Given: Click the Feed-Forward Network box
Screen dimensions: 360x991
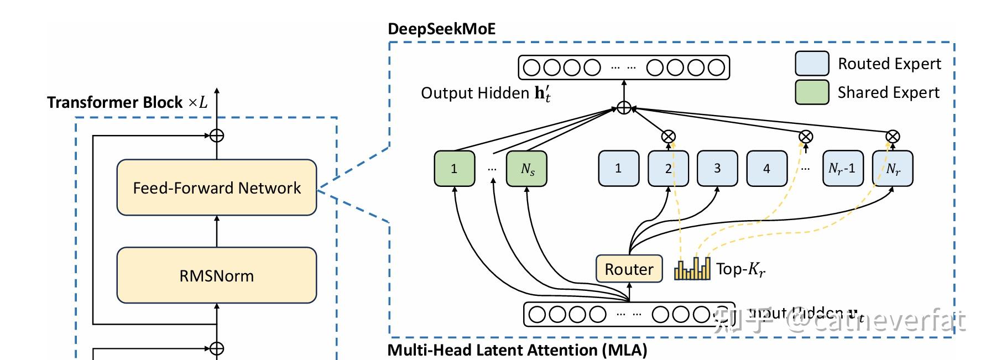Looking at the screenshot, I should click(x=217, y=187).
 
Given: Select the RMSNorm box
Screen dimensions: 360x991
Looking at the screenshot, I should click(x=217, y=275).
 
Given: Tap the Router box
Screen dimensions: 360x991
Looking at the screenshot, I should click(x=629, y=269).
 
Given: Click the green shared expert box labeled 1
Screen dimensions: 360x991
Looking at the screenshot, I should click(x=454, y=169).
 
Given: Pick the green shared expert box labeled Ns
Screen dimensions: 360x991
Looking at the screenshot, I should click(x=527, y=169).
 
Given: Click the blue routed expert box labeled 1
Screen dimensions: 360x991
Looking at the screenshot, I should click(x=618, y=169).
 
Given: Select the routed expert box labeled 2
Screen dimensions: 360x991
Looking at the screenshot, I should click(x=668, y=169).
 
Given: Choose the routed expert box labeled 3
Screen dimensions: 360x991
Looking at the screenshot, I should click(x=717, y=169).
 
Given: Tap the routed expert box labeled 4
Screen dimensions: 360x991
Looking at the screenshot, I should click(x=766, y=169).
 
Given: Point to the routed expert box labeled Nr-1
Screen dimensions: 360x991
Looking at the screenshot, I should click(x=842, y=169).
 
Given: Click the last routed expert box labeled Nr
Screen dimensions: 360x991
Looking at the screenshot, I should click(x=893, y=169).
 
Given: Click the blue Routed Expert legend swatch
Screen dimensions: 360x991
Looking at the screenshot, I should click(x=812, y=64).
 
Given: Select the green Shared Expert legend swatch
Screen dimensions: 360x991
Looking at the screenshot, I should click(x=812, y=92).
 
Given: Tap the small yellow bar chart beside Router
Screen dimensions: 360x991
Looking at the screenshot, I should click(x=692, y=269).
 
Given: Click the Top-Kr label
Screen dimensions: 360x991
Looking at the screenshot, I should click(x=740, y=269).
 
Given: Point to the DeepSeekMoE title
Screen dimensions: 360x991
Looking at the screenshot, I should click(x=441, y=29).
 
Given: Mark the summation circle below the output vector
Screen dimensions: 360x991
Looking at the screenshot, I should click(x=624, y=107).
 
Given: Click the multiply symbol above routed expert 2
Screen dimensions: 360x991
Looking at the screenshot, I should click(x=669, y=136).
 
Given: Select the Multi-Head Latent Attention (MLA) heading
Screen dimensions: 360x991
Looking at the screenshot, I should click(x=517, y=350).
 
